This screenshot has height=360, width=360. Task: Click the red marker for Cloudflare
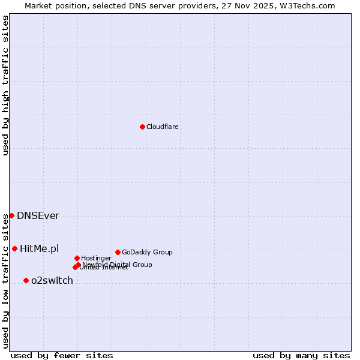pyautogui.click(x=142, y=127)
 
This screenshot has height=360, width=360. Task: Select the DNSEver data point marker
pyautogui.click(x=11, y=215)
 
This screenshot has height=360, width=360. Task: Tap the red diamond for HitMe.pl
pyautogui.click(x=14, y=248)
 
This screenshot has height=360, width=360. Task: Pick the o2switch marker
pyautogui.click(x=26, y=280)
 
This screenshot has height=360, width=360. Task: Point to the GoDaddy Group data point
pyautogui.click(x=118, y=252)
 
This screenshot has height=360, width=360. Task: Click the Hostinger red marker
pyautogui.click(x=77, y=258)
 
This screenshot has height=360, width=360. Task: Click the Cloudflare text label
pyautogui.click(x=163, y=127)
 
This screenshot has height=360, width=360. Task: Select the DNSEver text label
pyautogui.click(x=38, y=216)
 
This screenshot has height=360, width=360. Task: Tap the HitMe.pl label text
pyautogui.click(x=40, y=248)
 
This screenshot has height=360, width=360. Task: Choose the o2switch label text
pyautogui.click(x=52, y=281)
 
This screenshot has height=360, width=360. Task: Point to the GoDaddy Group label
pyautogui.click(x=147, y=252)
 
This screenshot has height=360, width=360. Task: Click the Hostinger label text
pyautogui.click(x=96, y=258)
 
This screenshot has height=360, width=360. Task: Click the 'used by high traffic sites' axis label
pyautogui.click(x=6, y=85)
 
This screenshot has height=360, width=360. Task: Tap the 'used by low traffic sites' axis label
pyautogui.click(x=6, y=280)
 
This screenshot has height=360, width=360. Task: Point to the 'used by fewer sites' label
pyautogui.click(x=62, y=355)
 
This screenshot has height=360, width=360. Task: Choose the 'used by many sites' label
pyautogui.click(x=301, y=355)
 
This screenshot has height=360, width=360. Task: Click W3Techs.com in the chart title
pyautogui.click(x=307, y=5)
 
